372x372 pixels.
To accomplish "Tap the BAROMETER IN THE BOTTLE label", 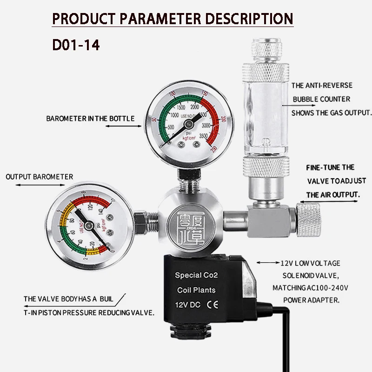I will click(90, 119).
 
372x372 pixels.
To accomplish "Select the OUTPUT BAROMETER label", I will click(40, 177).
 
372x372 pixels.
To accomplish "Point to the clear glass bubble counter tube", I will click(263, 121).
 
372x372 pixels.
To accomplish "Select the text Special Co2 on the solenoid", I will click(196, 275).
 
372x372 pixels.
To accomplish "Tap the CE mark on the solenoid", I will click(209, 306).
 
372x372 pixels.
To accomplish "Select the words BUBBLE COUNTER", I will click(321, 99).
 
